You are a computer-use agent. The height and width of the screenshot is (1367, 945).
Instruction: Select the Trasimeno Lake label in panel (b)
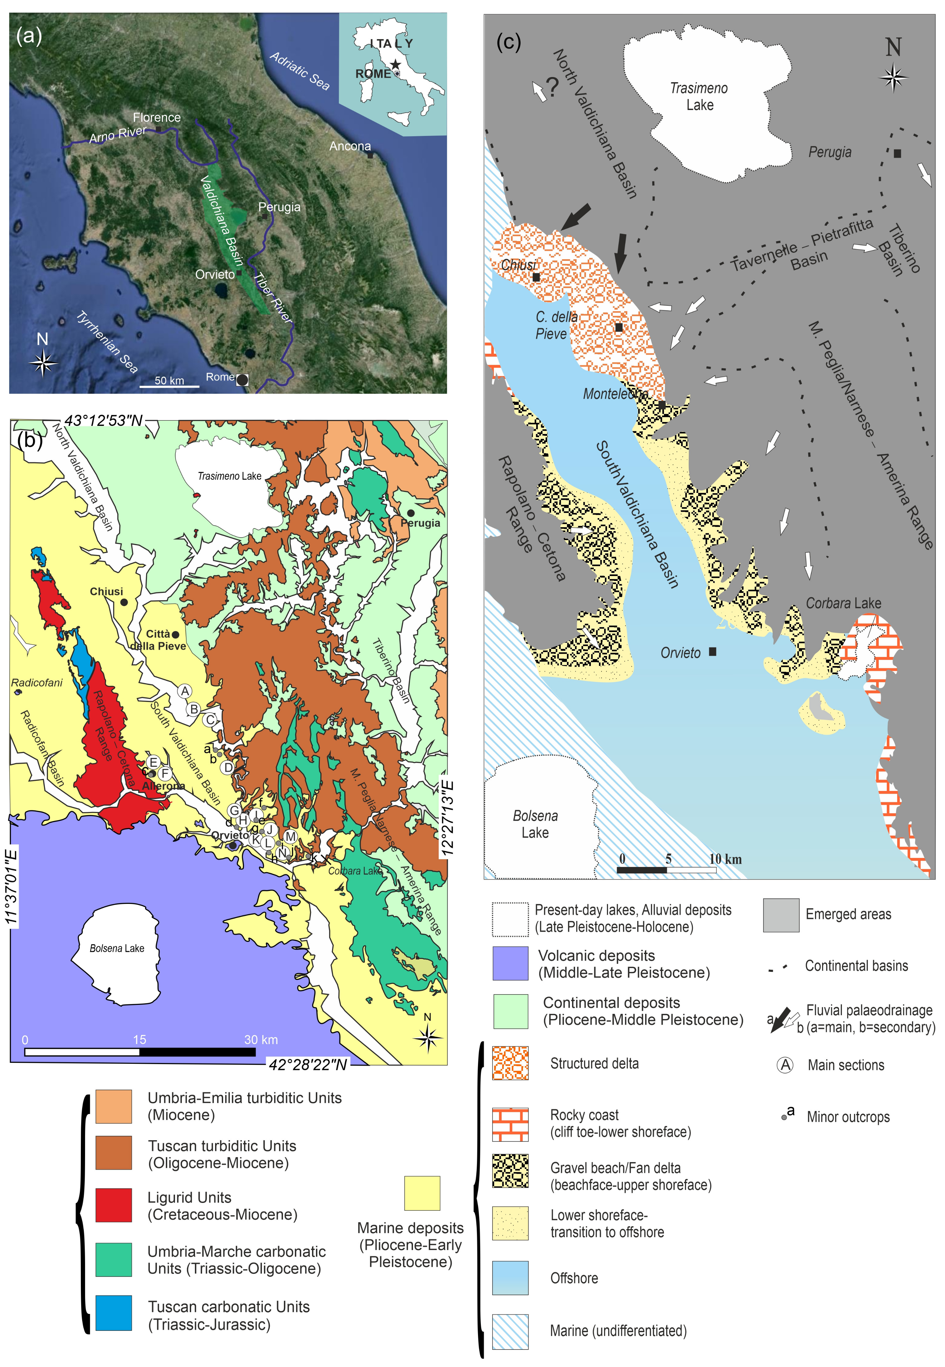point(229,476)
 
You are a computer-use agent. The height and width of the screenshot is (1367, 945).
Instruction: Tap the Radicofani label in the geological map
point(37,683)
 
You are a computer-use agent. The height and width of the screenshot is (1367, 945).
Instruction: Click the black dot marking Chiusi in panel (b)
point(124,602)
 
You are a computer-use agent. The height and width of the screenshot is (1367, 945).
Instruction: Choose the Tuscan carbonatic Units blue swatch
point(114,1313)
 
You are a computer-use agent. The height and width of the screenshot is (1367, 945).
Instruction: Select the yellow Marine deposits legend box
point(422,1193)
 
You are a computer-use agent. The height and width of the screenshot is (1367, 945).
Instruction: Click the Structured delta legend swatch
point(510,1063)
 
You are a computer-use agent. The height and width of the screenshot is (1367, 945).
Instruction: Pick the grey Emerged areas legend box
point(781,914)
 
